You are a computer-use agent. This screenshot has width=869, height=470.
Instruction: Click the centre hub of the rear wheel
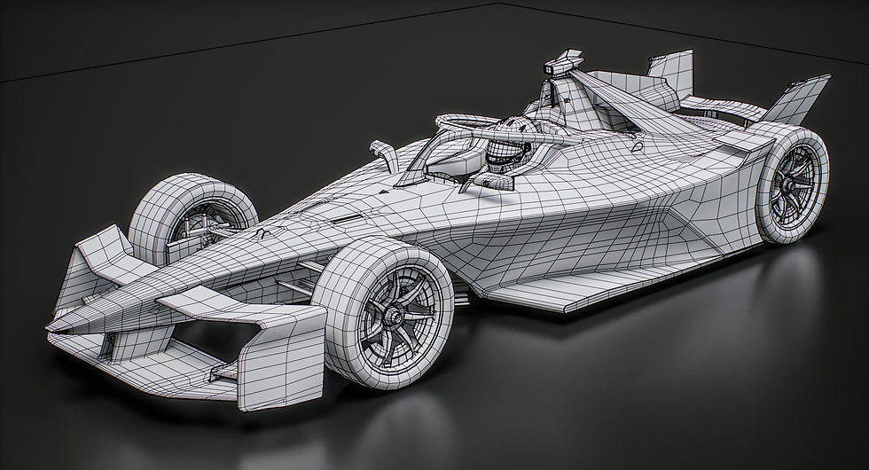(787, 185)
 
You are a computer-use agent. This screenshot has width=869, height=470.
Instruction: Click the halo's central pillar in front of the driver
(419, 168)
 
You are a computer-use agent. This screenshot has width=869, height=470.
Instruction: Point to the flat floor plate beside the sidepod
(568, 288)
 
